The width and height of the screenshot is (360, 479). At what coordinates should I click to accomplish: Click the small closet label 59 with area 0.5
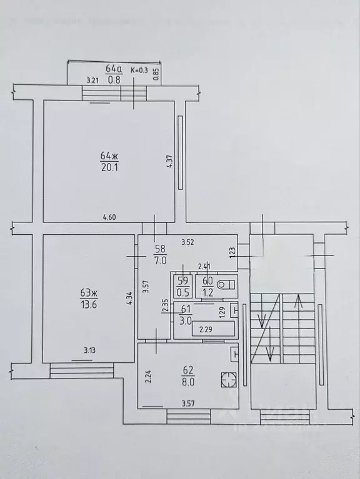click(x=183, y=286)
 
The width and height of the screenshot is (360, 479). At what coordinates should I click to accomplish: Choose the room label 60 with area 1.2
click(x=206, y=286)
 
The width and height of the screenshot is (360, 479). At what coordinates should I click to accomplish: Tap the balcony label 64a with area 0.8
click(x=114, y=74)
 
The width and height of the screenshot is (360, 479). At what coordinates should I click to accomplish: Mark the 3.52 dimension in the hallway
click(x=189, y=241)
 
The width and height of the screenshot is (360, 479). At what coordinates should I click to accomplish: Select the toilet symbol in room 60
click(x=227, y=285)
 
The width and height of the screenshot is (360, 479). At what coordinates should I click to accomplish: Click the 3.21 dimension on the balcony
click(x=93, y=79)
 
